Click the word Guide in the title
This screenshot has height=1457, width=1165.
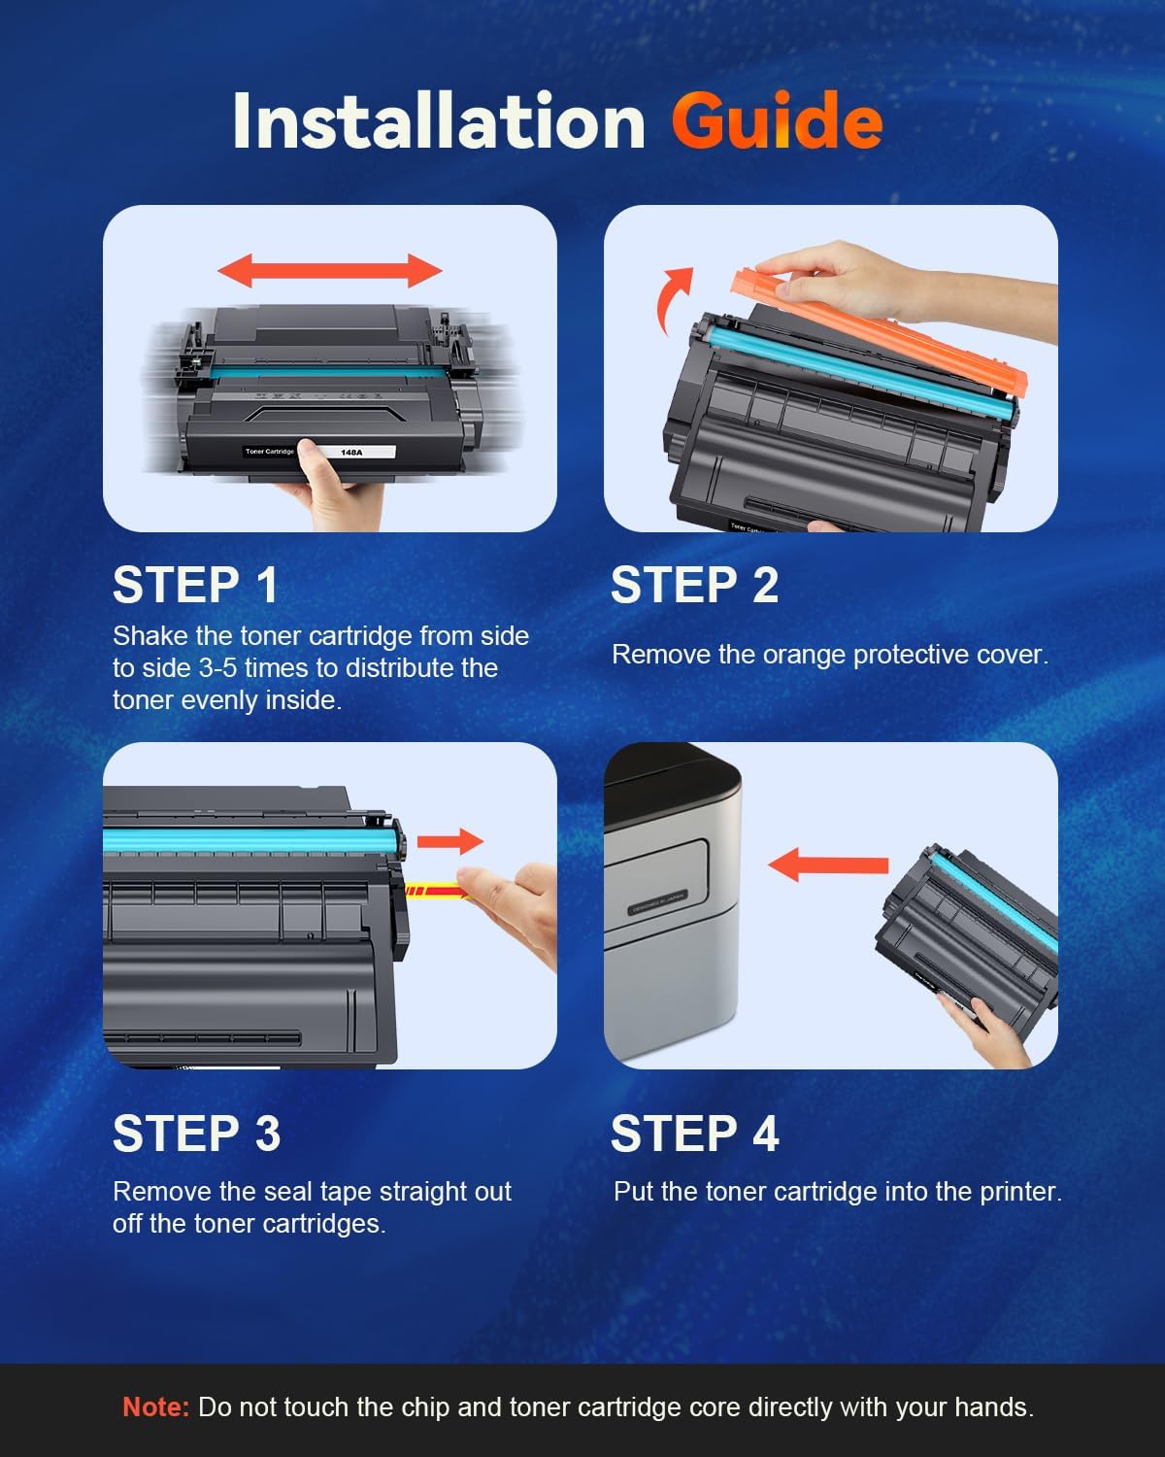[x=777, y=122]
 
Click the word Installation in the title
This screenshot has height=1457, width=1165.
[x=439, y=122]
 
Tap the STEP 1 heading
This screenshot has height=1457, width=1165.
[x=196, y=586]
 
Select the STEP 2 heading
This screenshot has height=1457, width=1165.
[x=694, y=586]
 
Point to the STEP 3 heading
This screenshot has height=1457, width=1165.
[x=196, y=1134]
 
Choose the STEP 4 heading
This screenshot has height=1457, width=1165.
[x=694, y=1134]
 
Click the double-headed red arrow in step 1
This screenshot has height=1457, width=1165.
[x=330, y=270]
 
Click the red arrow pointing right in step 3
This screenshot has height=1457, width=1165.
[x=450, y=840]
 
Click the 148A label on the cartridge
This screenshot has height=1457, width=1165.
[x=351, y=453]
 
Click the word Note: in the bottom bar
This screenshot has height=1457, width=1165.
[x=155, y=1407]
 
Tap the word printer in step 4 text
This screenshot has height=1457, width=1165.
[x=1017, y=1192]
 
